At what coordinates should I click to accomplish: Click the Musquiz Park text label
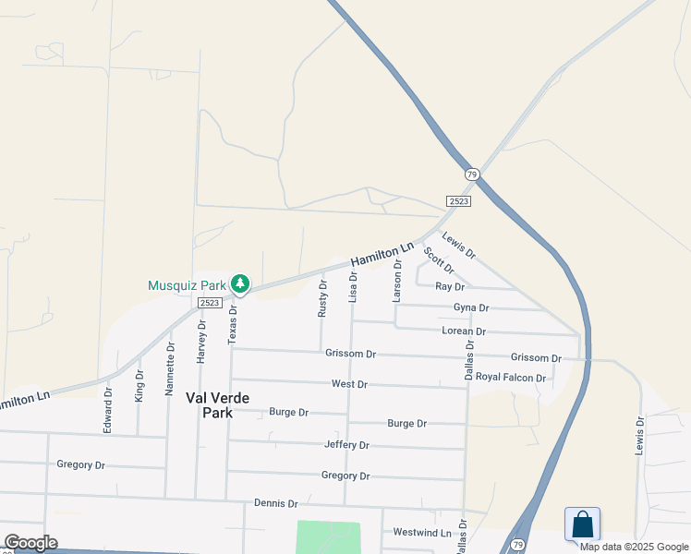pos(186,285)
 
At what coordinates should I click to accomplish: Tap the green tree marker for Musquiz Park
pos(240,283)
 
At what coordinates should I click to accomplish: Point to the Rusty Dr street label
pos(322,297)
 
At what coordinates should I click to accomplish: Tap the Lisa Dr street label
pos(353,287)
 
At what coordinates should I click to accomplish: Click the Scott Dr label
pos(439,260)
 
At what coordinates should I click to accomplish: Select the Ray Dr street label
pos(449,287)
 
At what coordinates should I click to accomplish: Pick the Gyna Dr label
pos(471,307)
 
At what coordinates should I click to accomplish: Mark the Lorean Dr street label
pos(464,331)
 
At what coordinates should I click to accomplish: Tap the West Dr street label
pos(349,384)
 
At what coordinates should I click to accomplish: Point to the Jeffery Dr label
pos(346,445)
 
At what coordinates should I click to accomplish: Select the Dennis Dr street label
pos(276,504)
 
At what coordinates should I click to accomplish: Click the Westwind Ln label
pos(422,533)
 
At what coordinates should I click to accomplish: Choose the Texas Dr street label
pos(233,323)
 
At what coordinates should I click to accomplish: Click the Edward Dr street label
pos(108,410)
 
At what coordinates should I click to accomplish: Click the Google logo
pos(30,543)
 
